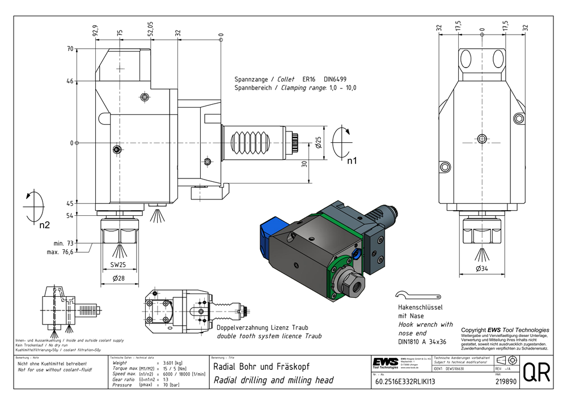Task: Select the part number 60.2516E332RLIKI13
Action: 404,382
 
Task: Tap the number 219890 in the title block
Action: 499,382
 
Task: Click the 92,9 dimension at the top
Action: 95,30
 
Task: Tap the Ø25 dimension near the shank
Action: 319,142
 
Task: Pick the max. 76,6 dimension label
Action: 60,252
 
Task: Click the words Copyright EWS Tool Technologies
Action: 505,330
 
